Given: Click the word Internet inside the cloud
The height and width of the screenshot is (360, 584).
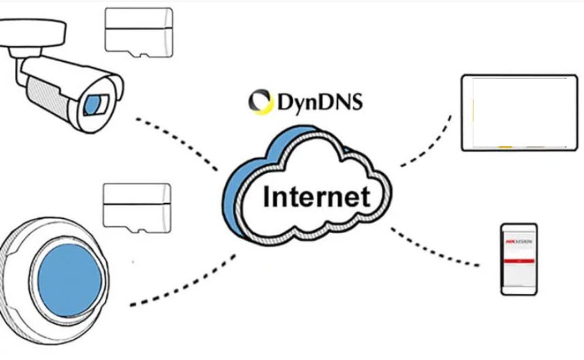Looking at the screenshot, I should tap(316, 197).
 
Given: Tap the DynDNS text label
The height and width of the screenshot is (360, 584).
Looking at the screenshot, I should tap(320, 103).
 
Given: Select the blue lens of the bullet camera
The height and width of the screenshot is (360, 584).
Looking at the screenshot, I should tap(93, 104).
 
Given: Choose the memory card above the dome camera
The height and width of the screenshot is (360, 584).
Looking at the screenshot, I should tap(136, 205).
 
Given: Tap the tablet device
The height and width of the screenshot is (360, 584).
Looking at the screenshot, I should tap(519, 112).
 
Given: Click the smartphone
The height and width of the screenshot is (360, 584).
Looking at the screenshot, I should tap(519, 259).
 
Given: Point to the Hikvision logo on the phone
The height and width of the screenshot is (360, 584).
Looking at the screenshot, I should tap(519, 241).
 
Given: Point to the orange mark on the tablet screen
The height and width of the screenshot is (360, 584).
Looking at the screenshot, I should tap(505, 147).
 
